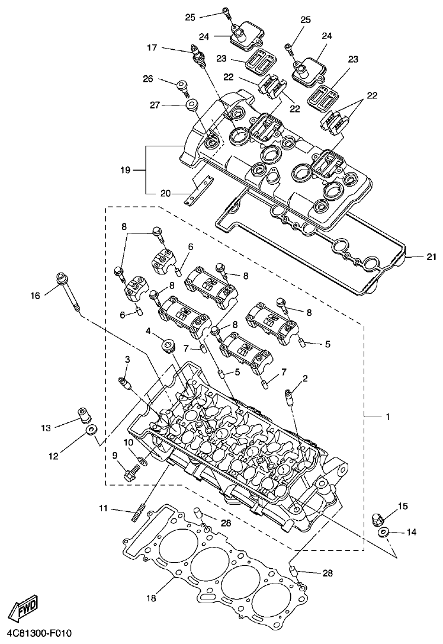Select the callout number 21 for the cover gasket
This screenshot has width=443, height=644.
(431, 257)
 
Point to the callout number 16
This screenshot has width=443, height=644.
(35, 294)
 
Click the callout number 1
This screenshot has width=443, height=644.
(388, 417)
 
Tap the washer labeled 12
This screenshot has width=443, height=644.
(91, 430)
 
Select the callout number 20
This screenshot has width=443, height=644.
(165, 193)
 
